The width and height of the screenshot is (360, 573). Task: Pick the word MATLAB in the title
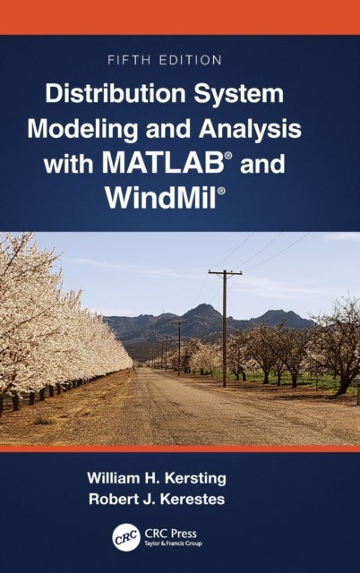[x=209, y=162]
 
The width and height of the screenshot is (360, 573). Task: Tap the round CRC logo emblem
[x=126, y=537]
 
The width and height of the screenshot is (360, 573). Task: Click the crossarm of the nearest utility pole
[x=224, y=272]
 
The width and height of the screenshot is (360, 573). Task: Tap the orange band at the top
[x=179, y=16]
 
